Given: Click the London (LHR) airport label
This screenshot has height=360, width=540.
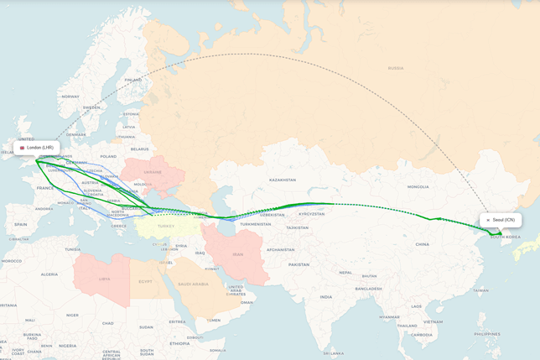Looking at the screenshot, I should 36,148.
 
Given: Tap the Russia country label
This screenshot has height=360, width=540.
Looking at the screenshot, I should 395,68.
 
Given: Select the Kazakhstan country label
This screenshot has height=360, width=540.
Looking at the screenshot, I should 283,180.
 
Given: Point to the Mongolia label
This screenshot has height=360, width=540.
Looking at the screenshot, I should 418,186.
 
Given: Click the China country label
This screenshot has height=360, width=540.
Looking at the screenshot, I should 422,244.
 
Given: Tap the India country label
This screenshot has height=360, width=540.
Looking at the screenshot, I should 325,297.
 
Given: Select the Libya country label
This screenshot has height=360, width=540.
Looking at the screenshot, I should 104,279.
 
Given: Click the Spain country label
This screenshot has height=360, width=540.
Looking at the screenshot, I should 20,224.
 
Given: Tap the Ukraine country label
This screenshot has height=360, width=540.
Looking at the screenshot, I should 151,171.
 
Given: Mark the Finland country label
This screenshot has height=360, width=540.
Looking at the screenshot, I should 132,81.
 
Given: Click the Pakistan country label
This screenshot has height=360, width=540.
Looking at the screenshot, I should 299,264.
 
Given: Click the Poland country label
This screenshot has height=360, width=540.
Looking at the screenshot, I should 109,156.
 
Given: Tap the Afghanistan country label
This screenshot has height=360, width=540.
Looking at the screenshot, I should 280,249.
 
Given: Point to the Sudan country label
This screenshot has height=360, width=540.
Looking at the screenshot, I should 146,326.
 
